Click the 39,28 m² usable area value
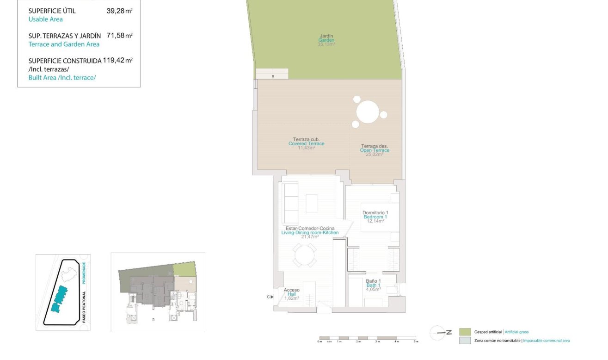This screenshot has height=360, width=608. pyautogui.click(x=119, y=11)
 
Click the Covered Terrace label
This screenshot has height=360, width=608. pyautogui.click(x=306, y=143)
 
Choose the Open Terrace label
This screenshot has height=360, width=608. pyautogui.click(x=375, y=150)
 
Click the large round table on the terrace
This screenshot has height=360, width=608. pyautogui.click(x=368, y=112)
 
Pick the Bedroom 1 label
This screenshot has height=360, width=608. pyautogui.click(x=375, y=217)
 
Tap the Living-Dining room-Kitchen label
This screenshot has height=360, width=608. pyautogui.click(x=310, y=233)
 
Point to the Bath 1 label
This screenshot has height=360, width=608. pyautogui.click(x=373, y=286)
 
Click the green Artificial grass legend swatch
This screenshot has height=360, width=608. pyautogui.click(x=465, y=332)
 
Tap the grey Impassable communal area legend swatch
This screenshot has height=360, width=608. pyautogui.click(x=465, y=341)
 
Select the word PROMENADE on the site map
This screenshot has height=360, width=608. pyautogui.click(x=84, y=273)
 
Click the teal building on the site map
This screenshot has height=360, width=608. pyautogui.click(x=59, y=298)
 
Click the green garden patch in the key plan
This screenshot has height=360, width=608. pyautogui.click(x=184, y=269)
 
